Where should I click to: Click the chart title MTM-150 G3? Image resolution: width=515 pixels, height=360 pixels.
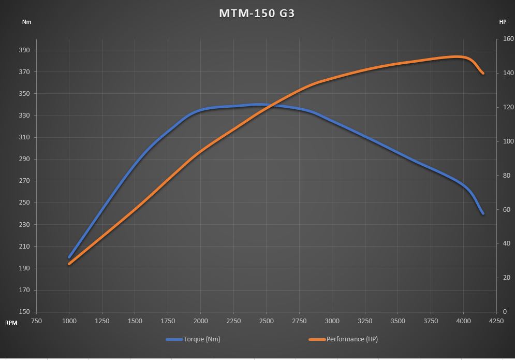(257, 13)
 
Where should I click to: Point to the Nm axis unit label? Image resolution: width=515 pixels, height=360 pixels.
(26, 22)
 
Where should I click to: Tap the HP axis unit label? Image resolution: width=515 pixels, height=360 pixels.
(503, 22)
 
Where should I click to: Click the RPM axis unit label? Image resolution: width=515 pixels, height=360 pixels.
(11, 323)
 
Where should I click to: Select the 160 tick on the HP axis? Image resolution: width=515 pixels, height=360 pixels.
(505, 39)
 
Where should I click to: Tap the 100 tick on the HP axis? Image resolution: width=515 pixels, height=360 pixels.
(505, 141)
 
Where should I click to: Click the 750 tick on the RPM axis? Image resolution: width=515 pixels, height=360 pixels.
(36, 321)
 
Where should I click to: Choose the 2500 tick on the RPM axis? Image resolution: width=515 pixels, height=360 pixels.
(266, 321)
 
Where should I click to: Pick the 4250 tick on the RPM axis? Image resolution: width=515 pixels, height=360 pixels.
(496, 321)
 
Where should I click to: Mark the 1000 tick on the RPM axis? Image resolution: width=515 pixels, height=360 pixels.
(69, 321)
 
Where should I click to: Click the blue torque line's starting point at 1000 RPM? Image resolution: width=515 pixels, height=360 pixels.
(69, 257)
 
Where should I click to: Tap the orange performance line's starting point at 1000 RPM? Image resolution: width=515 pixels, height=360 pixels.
(69, 264)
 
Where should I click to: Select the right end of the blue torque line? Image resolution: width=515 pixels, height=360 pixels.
(483, 213)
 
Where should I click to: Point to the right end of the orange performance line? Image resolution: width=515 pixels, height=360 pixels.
(483, 73)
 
